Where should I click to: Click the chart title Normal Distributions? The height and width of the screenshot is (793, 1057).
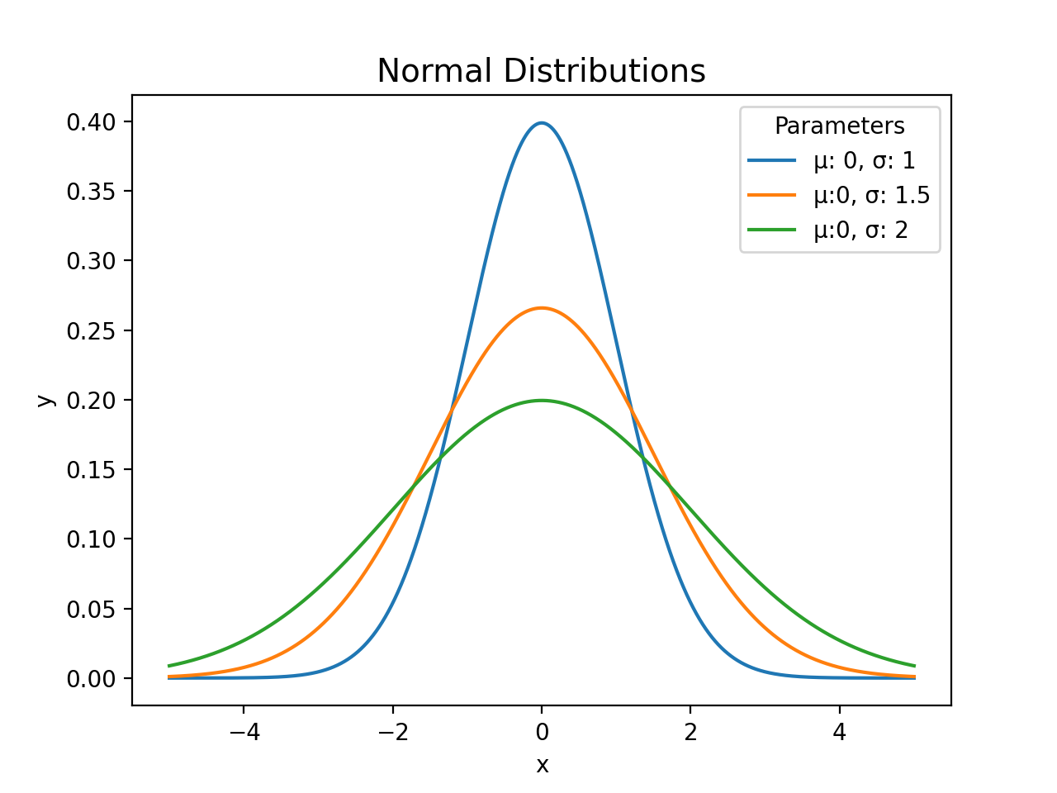[541, 71]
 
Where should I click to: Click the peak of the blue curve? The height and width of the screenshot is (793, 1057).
[542, 123]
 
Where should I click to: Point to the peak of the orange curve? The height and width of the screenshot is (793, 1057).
[542, 308]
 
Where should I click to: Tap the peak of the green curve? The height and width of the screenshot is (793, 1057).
[542, 401]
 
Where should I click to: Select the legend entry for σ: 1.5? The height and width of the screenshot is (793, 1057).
[871, 195]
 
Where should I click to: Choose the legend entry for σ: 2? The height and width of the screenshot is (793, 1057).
[860, 230]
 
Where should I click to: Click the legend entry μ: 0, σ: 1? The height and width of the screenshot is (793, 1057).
[864, 160]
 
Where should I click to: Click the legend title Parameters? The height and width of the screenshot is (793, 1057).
[839, 126]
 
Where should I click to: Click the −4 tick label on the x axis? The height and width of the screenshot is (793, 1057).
[243, 733]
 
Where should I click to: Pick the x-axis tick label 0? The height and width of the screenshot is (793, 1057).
[542, 733]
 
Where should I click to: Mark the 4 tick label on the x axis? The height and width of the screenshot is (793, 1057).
[840, 733]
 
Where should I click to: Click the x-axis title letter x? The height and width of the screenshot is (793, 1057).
[542, 766]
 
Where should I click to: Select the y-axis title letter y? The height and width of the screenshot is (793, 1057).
[45, 401]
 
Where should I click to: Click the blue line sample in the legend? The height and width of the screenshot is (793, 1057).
[772, 160]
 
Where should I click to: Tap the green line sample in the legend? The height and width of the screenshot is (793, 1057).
[772, 230]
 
